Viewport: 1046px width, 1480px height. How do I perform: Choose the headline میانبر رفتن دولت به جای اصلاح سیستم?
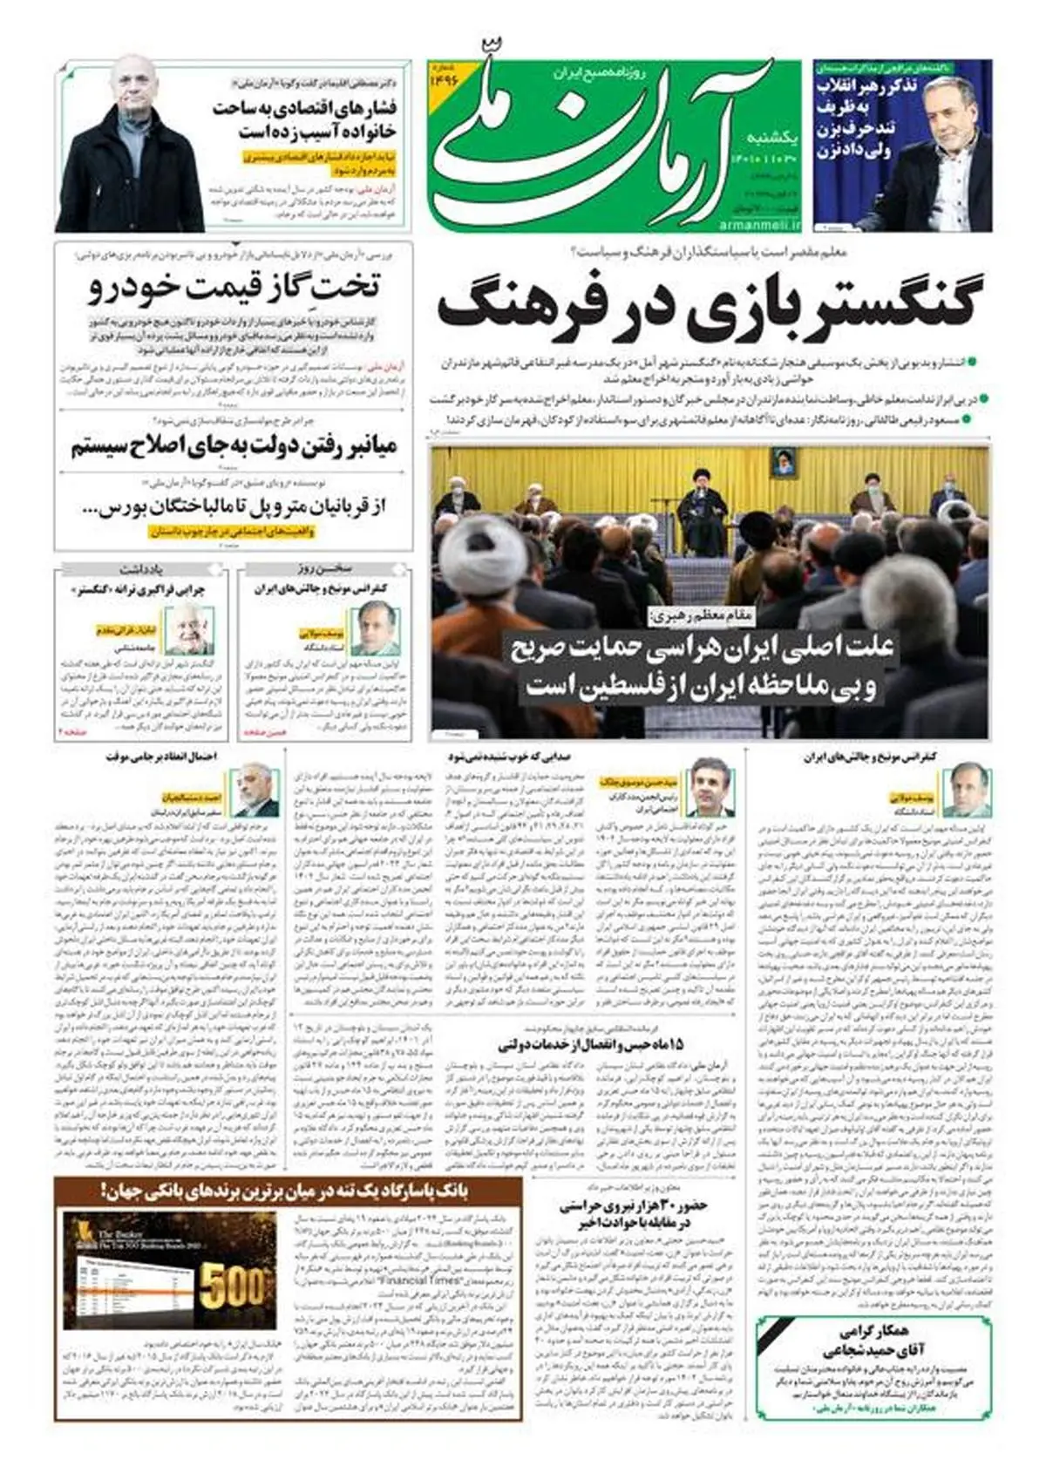pos(234,446)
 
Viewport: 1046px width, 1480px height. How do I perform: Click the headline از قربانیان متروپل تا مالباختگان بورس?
pos(234,506)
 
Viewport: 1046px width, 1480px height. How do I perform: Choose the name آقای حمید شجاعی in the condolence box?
pos(873,1349)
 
